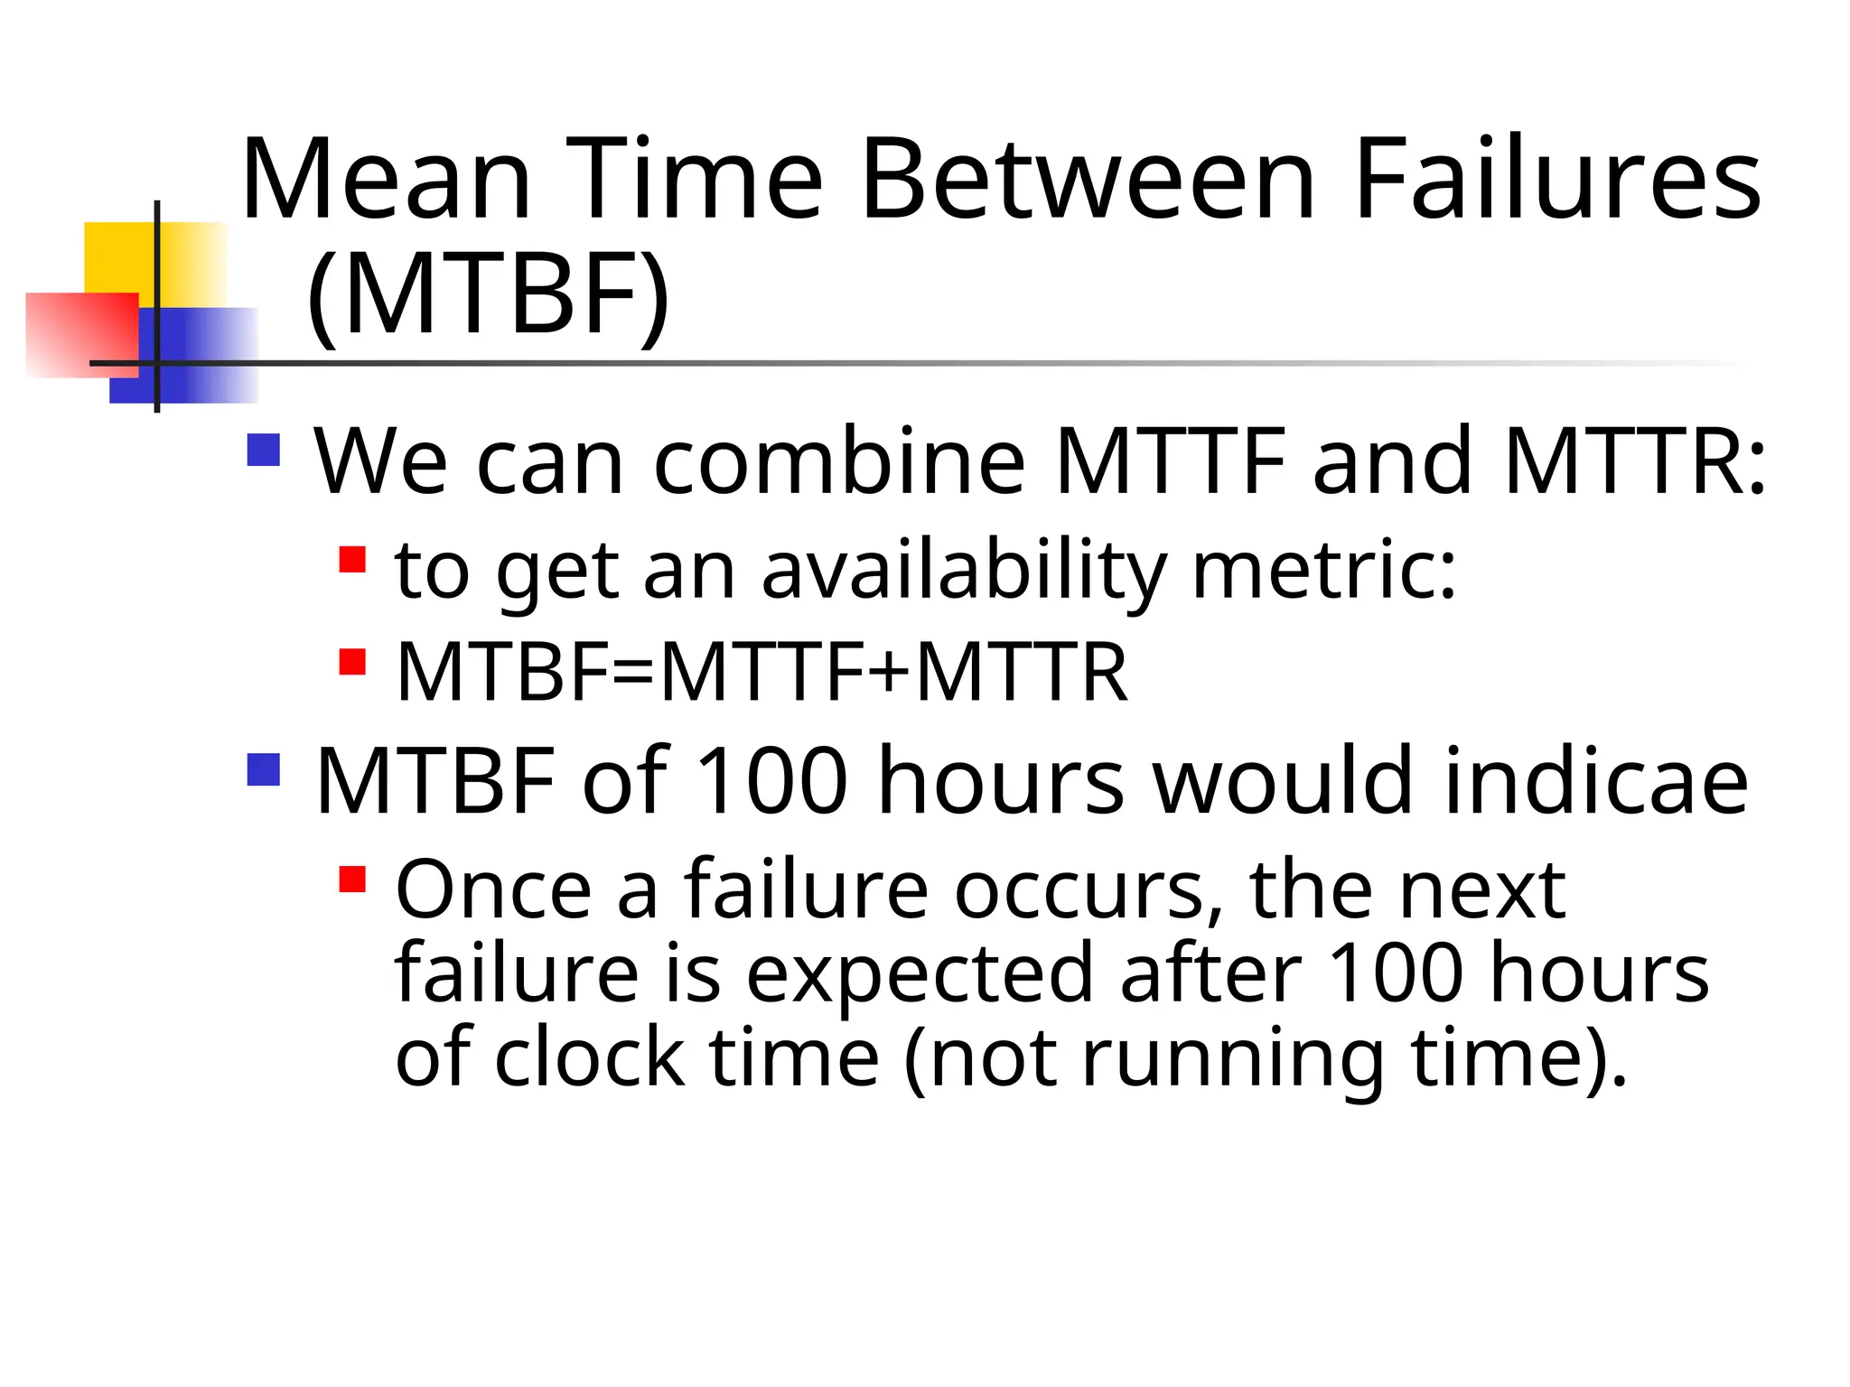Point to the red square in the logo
pyautogui.click(x=81, y=334)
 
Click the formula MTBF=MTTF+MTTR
pyautogui.click(x=761, y=672)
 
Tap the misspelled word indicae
pyautogui.click(x=1595, y=780)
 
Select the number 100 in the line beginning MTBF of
pyautogui.click(x=772, y=780)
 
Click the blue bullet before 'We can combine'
pyautogui.click(x=263, y=450)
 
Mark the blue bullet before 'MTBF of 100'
pyautogui.click(x=263, y=770)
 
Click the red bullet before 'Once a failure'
pyautogui.click(x=352, y=879)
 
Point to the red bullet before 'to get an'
pyautogui.click(x=352, y=559)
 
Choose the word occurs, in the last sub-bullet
pyautogui.click(x=1089, y=891)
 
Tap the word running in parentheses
pyautogui.click(x=1232, y=1058)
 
